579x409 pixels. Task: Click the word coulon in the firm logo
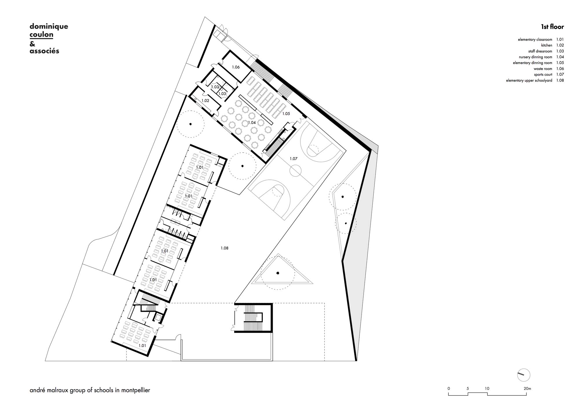pyautogui.click(x=41, y=34)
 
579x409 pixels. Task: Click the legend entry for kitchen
pyautogui.click(x=547, y=45)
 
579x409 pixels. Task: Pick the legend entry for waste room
pyautogui.click(x=543, y=69)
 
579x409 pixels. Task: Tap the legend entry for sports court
pyautogui.click(x=543, y=75)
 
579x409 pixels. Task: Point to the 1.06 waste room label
pyautogui.click(x=236, y=67)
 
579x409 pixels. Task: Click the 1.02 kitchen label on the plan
pyautogui.click(x=205, y=101)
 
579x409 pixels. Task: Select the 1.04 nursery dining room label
pyautogui.click(x=252, y=123)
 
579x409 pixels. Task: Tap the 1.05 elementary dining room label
pyautogui.click(x=286, y=114)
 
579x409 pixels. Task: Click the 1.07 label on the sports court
pyautogui.click(x=294, y=159)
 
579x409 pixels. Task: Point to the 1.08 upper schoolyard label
pyautogui.click(x=224, y=248)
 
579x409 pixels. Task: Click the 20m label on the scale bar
pyautogui.click(x=527, y=388)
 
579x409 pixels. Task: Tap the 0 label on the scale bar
pyautogui.click(x=449, y=388)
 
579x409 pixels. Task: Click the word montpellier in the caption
pyautogui.click(x=136, y=390)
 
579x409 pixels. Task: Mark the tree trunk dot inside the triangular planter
pyautogui.click(x=278, y=273)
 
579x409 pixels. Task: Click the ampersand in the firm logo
pyautogui.click(x=32, y=44)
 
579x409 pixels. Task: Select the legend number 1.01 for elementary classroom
pyautogui.click(x=560, y=40)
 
